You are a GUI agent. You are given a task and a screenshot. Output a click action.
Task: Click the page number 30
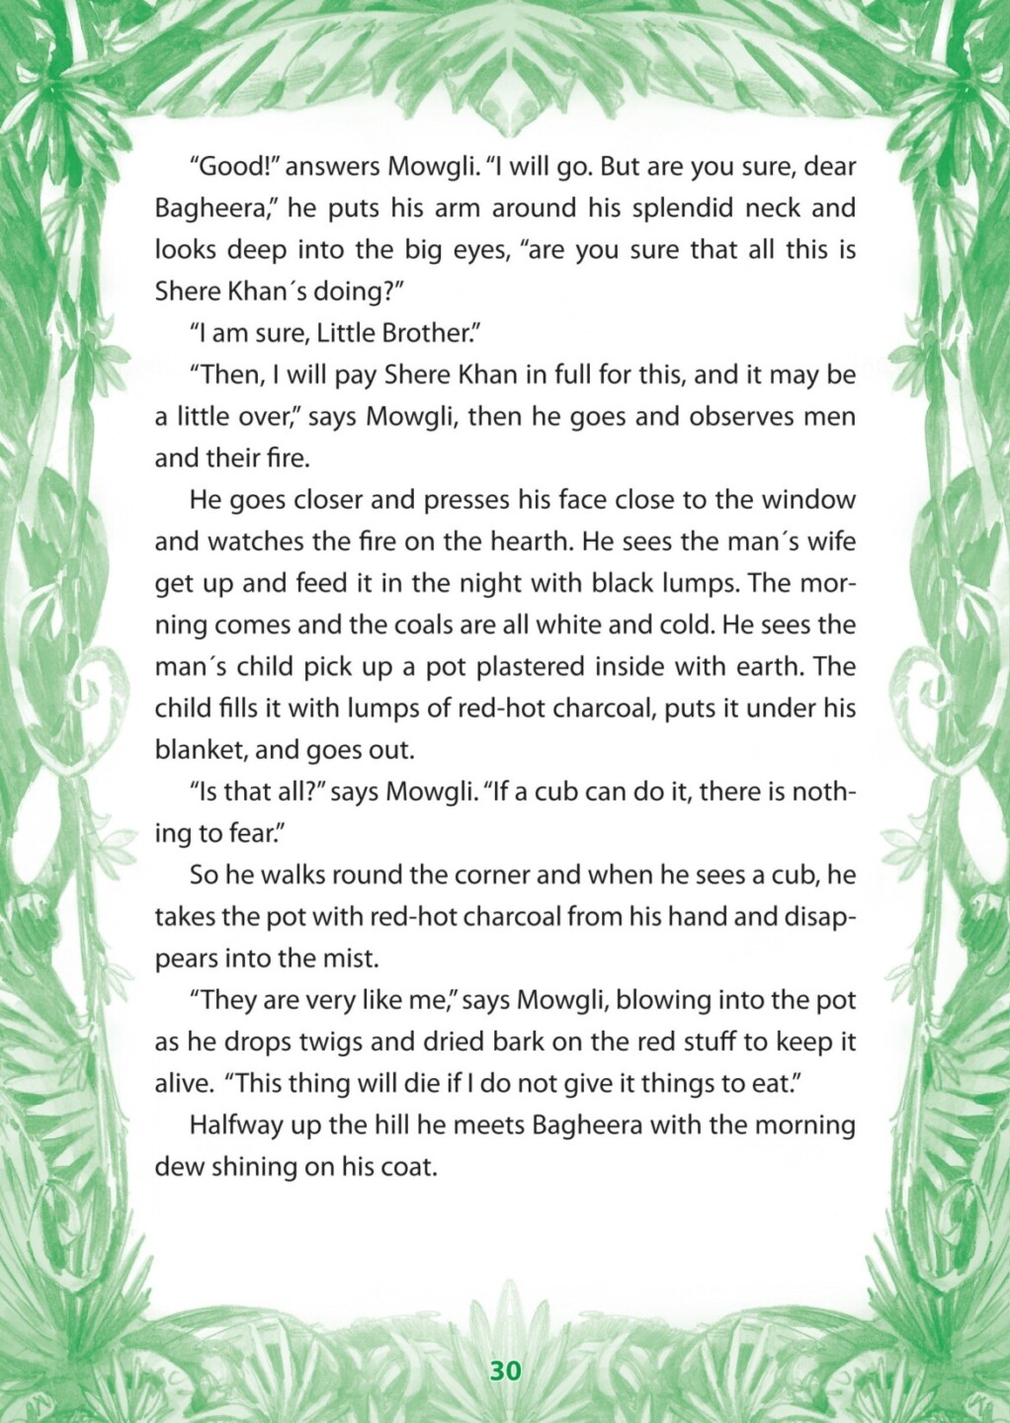coord(504,1372)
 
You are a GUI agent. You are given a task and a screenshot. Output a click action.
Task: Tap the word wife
coord(830,542)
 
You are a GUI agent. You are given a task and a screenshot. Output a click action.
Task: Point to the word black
coord(583,583)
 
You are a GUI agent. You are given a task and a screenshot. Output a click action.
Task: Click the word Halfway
coord(235,1126)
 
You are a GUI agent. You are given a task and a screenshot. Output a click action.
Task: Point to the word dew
coord(175,1167)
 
